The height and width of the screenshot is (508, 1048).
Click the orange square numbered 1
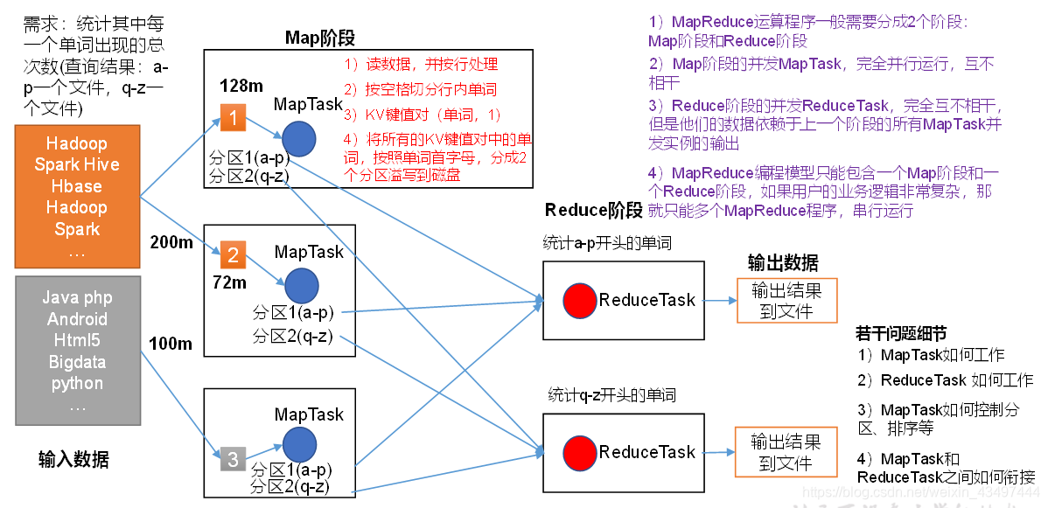[x=233, y=118]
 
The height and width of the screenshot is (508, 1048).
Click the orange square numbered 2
[x=233, y=255]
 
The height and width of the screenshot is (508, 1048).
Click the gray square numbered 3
[x=232, y=459]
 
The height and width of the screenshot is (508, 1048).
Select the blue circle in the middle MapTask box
[x=300, y=285]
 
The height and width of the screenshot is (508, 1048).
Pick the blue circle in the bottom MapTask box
[x=300, y=442]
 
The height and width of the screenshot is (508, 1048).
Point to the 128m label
[x=241, y=87]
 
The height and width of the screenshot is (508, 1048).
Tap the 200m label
[x=171, y=242]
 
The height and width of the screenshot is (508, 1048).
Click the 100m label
[x=171, y=344]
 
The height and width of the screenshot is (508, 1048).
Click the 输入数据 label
[x=73, y=458]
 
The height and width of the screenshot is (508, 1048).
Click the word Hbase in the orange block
[x=77, y=186]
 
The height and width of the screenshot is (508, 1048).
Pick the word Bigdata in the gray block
[x=77, y=362]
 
